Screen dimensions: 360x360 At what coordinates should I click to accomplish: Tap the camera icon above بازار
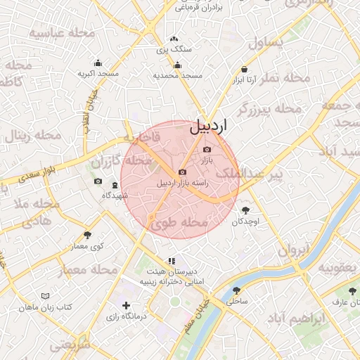[x=206, y=149]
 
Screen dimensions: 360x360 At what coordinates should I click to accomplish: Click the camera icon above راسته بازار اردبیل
[x=183, y=172]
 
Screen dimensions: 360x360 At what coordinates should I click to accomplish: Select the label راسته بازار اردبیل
[x=184, y=184]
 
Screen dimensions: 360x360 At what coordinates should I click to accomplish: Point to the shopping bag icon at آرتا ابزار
[x=244, y=70]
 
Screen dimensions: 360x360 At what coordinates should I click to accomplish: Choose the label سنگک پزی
[x=173, y=50]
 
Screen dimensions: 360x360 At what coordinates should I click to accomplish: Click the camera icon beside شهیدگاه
[x=98, y=181]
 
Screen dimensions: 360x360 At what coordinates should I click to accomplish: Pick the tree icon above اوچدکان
[x=245, y=210]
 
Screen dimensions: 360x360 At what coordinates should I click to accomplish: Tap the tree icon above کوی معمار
[x=87, y=235]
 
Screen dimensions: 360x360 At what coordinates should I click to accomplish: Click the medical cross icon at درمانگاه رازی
[x=126, y=305]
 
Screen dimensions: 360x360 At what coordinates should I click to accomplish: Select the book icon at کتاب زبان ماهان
[x=46, y=297]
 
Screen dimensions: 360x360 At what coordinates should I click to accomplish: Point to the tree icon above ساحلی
[x=236, y=289]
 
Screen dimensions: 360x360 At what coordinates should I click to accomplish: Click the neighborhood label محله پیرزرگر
[x=269, y=109]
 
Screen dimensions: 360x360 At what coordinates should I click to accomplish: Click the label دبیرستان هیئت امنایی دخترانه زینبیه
[x=172, y=276]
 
